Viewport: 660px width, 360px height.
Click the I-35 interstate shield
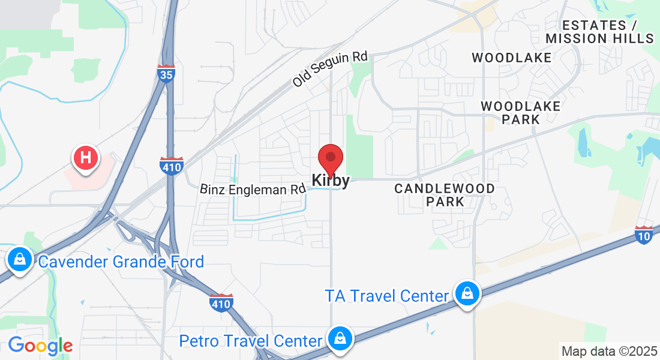166,73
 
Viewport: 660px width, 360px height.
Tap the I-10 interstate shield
644,235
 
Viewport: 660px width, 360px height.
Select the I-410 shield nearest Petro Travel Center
221,302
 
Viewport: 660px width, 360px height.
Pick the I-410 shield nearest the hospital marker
171,165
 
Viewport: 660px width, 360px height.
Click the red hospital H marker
85,158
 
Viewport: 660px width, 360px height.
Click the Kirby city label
330,180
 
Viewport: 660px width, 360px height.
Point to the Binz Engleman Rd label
253,190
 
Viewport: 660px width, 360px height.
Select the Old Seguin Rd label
330,69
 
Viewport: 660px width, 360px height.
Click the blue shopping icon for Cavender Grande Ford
20,260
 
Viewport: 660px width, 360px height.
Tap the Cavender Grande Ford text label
121,262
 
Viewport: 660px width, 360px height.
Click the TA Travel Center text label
387,296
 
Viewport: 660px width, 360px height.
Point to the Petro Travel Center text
251,341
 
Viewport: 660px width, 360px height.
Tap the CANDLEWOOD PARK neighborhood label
445,195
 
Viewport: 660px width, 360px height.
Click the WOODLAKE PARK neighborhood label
521,113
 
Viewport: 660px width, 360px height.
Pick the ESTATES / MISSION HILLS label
599,32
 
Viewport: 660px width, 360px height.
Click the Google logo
40,346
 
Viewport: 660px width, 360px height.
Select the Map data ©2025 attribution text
608,350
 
